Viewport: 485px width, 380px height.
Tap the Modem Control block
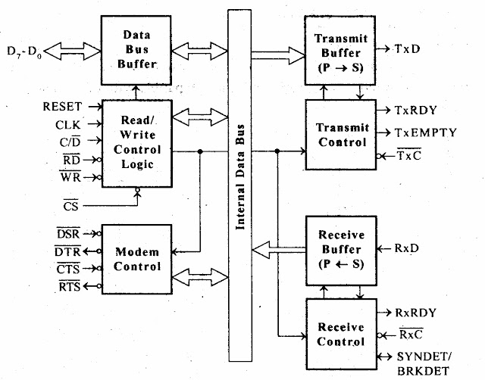tap(136, 260)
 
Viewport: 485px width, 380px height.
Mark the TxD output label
tap(410, 48)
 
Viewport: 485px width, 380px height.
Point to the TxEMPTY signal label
tap(426, 132)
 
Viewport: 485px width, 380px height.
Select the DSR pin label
tap(68, 234)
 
